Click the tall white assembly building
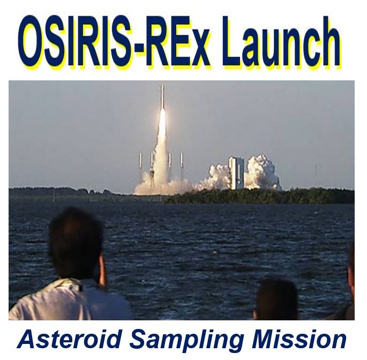[236, 172]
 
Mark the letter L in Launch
[235, 40]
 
